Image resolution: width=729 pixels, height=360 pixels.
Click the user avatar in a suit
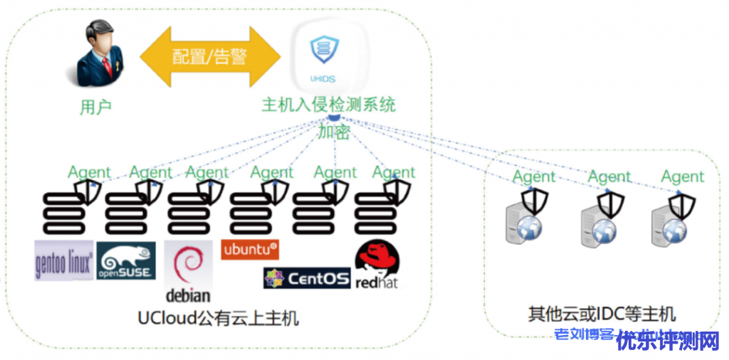[98, 53]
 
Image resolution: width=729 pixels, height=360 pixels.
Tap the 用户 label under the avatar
[96, 107]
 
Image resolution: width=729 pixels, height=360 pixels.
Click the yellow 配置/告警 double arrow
[211, 56]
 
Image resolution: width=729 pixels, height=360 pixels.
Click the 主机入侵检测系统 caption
[328, 105]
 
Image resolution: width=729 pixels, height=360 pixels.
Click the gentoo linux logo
[64, 260]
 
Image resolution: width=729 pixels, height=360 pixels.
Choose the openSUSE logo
[126, 260]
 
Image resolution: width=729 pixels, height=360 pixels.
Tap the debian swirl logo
[189, 271]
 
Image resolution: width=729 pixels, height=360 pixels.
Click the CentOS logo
[307, 277]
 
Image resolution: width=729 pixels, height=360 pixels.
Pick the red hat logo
[377, 265]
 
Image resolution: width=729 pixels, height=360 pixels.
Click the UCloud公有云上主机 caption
[219, 317]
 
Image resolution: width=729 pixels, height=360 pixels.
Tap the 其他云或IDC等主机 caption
[602, 314]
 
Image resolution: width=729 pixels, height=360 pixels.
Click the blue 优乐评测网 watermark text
[668, 342]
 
